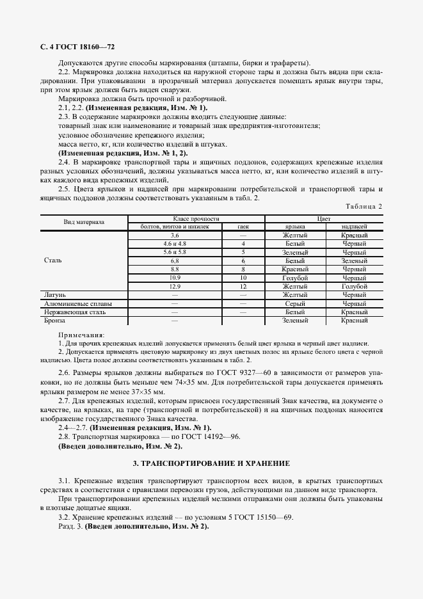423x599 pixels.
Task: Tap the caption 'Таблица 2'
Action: pos(363,206)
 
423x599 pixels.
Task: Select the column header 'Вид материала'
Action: pos(84,223)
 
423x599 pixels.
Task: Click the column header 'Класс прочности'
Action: pos(174,219)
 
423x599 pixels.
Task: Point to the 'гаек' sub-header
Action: pos(243,227)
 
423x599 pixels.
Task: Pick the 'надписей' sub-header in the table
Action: pos(354,227)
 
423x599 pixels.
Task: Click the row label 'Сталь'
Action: pos(53,261)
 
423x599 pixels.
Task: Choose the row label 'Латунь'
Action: pos(55,295)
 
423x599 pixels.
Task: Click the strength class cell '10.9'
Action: pos(175,278)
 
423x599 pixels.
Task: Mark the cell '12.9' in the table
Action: pos(175,287)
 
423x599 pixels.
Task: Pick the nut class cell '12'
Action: pos(243,287)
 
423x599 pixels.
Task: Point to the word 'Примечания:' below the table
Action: pos(81,335)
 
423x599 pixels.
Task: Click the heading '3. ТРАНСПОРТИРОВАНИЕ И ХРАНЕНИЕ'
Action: pos(211,463)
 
